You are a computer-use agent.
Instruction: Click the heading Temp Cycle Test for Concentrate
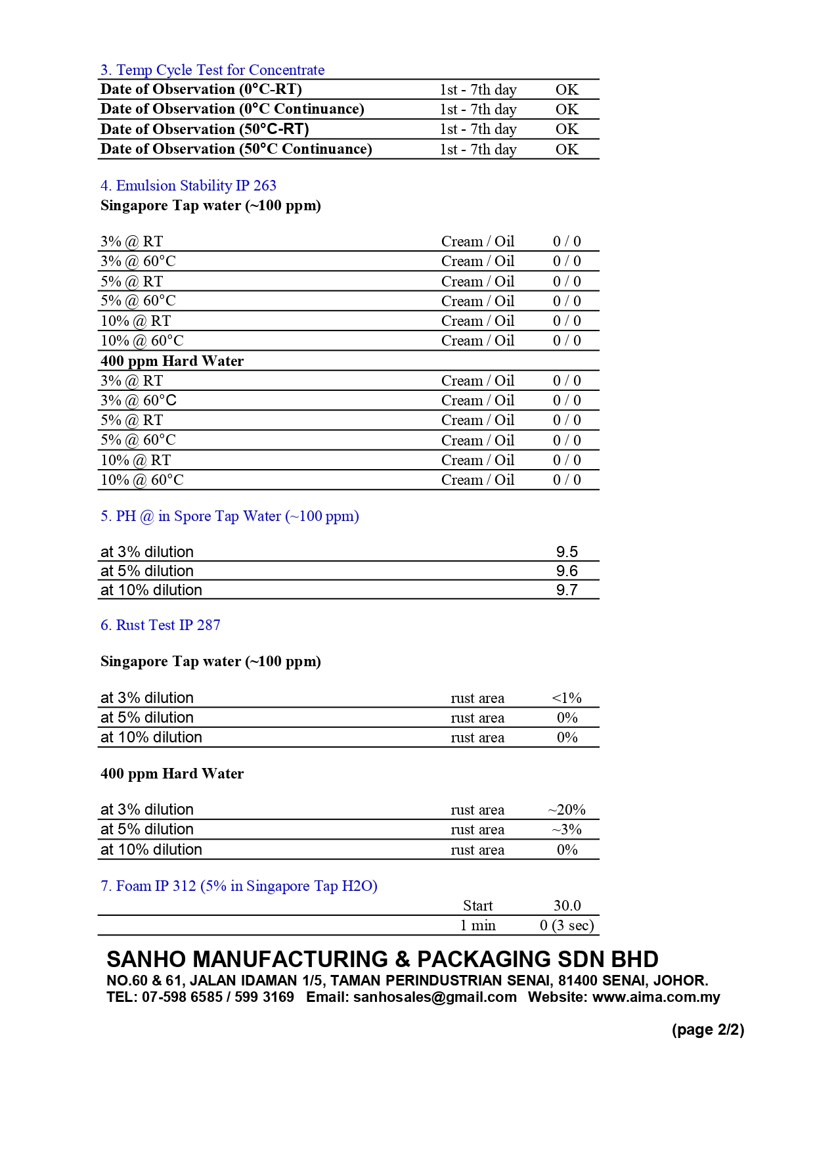coord(212,70)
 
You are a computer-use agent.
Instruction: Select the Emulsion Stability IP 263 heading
coord(188,186)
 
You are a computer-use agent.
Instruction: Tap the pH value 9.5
coord(567,552)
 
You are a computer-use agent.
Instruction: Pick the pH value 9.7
coord(567,590)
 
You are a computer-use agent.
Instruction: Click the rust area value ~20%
coord(567,810)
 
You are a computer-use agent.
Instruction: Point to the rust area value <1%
coord(567,698)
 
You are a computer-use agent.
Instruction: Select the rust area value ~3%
coord(567,830)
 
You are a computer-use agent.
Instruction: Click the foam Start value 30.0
coord(567,906)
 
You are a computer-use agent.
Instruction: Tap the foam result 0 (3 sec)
coord(567,926)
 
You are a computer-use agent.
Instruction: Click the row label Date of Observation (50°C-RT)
coord(205,129)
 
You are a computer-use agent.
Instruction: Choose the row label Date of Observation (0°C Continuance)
coord(232,109)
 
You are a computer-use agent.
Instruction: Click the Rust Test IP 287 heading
coord(160,625)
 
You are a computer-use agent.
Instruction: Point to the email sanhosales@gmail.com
coord(435,997)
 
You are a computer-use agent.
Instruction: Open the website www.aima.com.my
coord(656,997)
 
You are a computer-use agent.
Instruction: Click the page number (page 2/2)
coord(708,1030)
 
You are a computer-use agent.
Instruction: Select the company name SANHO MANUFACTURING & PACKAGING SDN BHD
coord(382,960)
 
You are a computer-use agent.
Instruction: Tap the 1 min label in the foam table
coord(477,926)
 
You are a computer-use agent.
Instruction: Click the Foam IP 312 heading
coord(239,886)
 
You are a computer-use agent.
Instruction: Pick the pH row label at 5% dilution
coord(147,571)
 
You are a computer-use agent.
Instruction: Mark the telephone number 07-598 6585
coord(182,997)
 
